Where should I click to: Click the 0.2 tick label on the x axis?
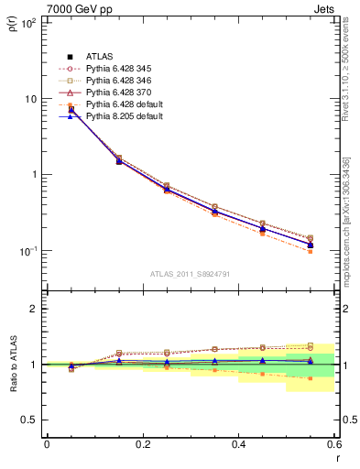coord(142,444)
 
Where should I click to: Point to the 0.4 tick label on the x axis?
coord(238,444)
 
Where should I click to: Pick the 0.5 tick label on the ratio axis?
coord(31,420)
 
